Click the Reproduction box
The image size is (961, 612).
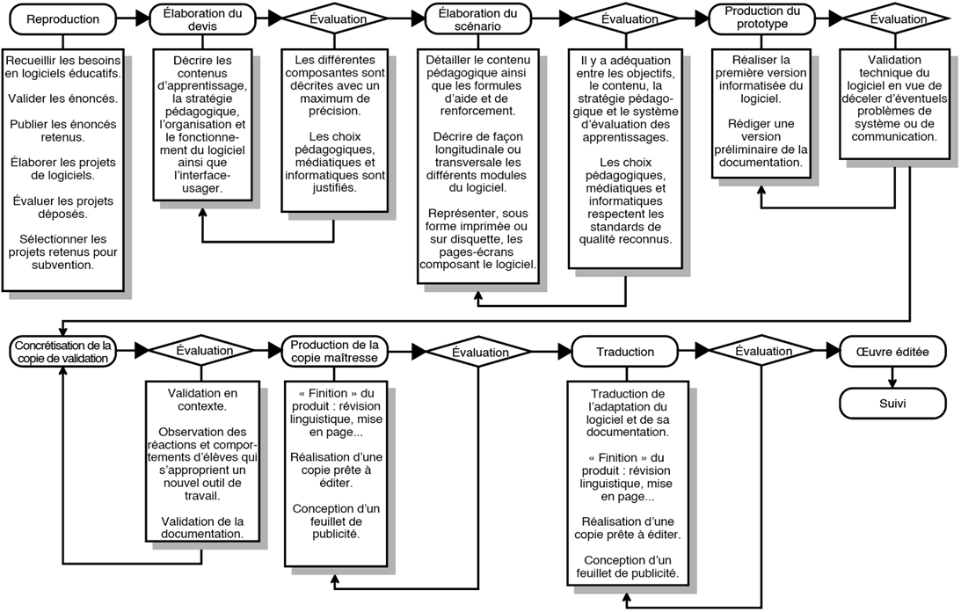(63, 19)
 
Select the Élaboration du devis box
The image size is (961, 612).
(202, 19)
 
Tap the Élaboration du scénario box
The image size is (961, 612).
(477, 19)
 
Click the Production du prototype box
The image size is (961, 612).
(761, 18)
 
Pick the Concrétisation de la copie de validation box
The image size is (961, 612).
(63, 352)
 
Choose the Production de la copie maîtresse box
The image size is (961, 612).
(335, 352)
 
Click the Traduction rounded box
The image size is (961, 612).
(625, 352)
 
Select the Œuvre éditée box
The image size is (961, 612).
(892, 352)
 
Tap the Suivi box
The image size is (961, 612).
(892, 404)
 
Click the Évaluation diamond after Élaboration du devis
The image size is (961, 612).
(335, 19)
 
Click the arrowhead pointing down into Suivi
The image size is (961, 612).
(892, 382)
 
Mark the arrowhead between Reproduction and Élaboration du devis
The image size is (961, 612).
(142, 19)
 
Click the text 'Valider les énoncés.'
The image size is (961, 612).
(63, 98)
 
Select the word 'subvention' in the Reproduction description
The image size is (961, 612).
(62, 265)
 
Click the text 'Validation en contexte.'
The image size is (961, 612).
(202, 399)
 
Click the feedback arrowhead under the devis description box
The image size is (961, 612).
(202, 213)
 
